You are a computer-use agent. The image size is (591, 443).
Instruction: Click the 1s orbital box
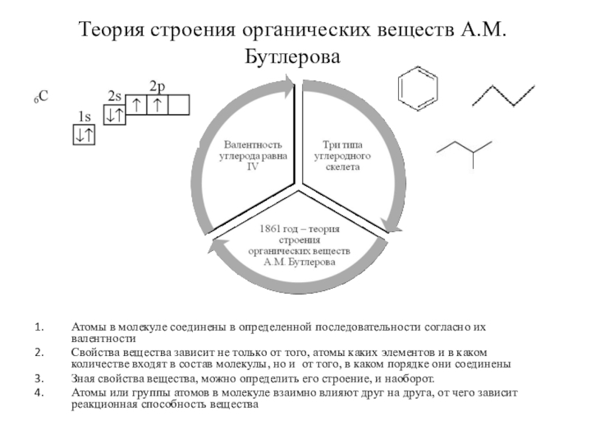pos(83,134)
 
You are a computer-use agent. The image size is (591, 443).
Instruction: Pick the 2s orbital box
pos(115,115)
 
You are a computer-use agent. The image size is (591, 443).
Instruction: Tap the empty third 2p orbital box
pos(179,106)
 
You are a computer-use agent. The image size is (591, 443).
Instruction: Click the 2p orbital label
pos(157,86)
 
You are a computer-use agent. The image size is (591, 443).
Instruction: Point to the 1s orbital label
pos(84,116)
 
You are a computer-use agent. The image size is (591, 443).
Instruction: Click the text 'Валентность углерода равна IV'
pos(253,156)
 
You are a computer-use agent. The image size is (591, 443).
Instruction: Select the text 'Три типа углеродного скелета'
pos(341,156)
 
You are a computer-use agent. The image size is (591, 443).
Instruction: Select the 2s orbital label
pos(115,97)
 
